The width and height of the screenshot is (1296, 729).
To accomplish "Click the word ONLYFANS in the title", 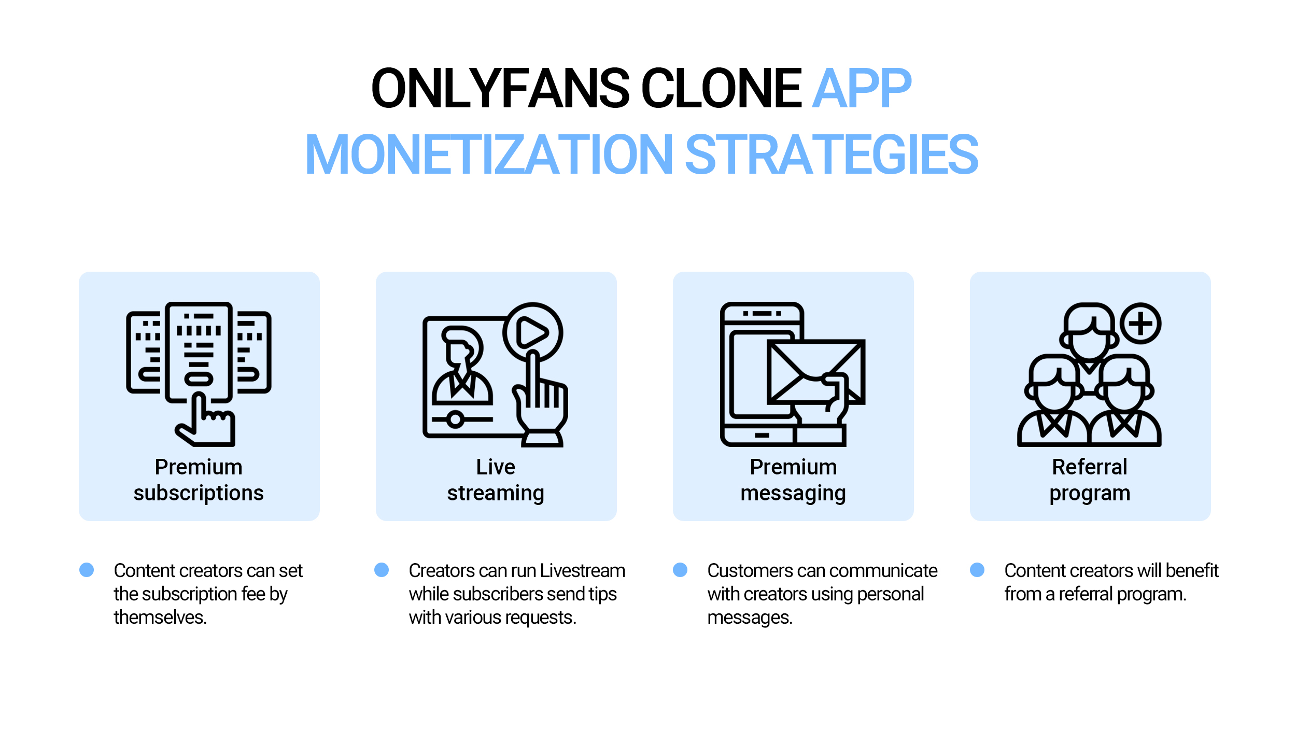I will pos(500,89).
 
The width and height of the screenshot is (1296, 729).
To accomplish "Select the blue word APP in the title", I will pos(861,89).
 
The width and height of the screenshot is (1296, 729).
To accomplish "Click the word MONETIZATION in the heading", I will pos(488,155).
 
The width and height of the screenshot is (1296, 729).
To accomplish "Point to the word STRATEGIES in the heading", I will pos(832,155).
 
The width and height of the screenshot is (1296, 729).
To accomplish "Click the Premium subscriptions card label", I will pos(199,480).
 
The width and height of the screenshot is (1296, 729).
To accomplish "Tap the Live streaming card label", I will pos(496,480).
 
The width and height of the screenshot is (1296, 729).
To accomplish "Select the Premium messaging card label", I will pos(793,480).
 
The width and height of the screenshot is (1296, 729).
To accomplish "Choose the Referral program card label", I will pos(1090,480).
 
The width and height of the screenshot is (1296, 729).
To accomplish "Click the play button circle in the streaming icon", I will pos(532,332).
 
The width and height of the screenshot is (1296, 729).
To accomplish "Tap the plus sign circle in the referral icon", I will pos(1140,324).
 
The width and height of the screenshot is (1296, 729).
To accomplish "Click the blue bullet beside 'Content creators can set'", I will pos(87,570).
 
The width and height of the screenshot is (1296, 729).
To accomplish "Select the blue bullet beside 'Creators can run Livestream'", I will pos(382,570).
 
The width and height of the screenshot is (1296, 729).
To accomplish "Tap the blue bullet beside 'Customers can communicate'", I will pos(680,570).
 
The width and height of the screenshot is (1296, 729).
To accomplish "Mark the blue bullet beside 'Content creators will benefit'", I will pos(977,570).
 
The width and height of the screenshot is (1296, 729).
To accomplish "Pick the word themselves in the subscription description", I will pos(160,618).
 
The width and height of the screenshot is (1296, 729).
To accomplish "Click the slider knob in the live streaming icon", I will pos(455,419).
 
